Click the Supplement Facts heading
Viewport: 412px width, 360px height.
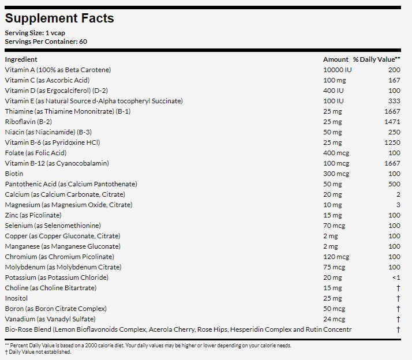pyautogui.click(x=59, y=18)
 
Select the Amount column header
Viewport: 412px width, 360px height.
pyautogui.click(x=335, y=59)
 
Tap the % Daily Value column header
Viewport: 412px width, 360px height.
pyautogui.click(x=377, y=59)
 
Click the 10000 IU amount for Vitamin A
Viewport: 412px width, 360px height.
pyautogui.click(x=338, y=70)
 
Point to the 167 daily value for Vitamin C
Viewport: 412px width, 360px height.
pyautogui.click(x=394, y=80)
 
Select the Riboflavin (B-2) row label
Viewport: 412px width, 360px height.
pyautogui.click(x=28, y=122)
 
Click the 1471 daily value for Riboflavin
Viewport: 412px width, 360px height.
pyautogui.click(x=392, y=122)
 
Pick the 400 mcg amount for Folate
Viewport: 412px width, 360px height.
pyautogui.click(x=336, y=153)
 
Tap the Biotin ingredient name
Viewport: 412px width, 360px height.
pyautogui.click(x=14, y=174)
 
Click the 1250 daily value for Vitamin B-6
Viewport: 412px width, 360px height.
pyautogui.click(x=392, y=142)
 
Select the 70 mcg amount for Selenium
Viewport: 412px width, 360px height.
pyautogui.click(x=334, y=226)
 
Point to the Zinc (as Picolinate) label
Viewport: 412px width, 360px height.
pyautogui.click(x=33, y=215)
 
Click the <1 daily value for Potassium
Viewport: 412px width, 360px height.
pyautogui.click(x=396, y=277)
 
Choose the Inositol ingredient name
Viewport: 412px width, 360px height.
pyautogui.click(x=16, y=298)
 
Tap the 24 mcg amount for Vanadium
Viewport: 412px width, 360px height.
pyautogui.click(x=334, y=319)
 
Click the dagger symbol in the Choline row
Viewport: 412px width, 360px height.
pyautogui.click(x=398, y=288)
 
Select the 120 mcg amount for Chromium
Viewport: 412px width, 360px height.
pyautogui.click(x=336, y=257)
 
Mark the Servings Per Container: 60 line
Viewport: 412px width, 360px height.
pyautogui.click(x=46, y=42)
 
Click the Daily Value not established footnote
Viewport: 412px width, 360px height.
pyautogui.click(x=38, y=352)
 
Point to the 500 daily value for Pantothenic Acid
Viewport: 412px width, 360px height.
pyautogui.click(x=394, y=184)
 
